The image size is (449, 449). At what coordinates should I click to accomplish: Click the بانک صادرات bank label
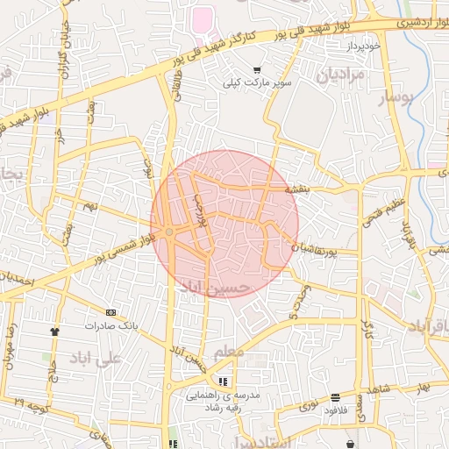coord(111,324)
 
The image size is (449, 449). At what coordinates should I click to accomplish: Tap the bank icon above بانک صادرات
coord(110,312)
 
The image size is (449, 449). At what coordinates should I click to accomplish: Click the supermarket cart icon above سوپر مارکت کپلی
coord(256,70)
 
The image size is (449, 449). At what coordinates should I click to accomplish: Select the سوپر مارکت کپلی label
coord(255,83)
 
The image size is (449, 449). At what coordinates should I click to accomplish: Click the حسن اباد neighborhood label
coord(215,287)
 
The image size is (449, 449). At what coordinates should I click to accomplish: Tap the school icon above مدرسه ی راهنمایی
coord(223,382)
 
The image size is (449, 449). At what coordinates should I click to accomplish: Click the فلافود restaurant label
coord(337,410)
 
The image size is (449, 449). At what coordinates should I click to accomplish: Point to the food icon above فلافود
coord(335,397)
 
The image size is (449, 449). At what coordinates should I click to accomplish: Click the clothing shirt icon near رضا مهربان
coord(54,331)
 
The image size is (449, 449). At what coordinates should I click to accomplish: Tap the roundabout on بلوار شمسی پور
coord(168,232)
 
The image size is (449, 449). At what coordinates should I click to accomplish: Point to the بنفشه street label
coord(298,189)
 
